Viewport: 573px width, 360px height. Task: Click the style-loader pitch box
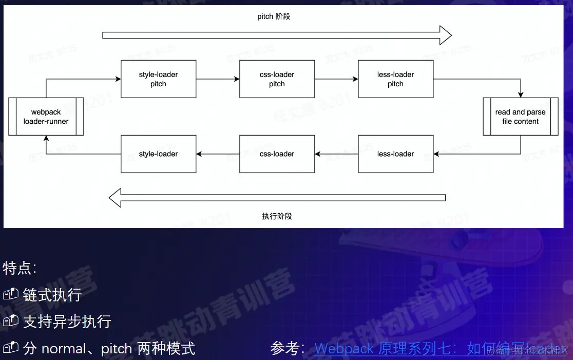158,79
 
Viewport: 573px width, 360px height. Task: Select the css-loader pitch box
277,79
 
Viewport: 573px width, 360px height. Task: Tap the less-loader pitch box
395,79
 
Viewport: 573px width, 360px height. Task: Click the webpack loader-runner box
46,117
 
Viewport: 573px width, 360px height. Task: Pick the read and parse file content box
520,117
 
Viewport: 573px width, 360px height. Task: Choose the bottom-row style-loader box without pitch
158,154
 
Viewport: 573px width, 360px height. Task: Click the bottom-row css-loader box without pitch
277,154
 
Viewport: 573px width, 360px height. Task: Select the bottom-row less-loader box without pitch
395,154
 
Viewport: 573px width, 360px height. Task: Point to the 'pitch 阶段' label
274,16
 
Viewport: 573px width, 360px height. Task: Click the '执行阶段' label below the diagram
277,216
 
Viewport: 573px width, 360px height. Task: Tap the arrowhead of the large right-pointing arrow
445,35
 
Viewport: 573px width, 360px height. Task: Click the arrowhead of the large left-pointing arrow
116,198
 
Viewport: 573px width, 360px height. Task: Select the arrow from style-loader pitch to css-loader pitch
218,79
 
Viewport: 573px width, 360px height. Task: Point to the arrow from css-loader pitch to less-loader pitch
336,79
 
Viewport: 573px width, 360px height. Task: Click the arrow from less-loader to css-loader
336,154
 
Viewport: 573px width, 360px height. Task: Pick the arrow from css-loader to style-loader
218,154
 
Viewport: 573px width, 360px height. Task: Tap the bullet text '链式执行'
52,295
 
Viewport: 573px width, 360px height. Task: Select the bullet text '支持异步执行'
67,321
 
